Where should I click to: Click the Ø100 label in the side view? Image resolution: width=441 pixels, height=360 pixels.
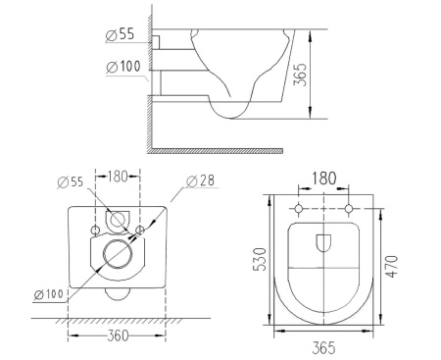(x=123, y=67)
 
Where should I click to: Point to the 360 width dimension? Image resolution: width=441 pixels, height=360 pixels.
(x=118, y=335)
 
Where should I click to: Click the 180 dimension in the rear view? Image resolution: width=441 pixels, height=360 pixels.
(x=118, y=178)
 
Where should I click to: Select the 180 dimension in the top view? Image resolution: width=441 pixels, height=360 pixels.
(x=323, y=179)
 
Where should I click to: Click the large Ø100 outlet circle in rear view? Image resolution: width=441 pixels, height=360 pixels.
(x=119, y=254)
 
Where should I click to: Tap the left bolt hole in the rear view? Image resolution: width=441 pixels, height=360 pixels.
(x=95, y=230)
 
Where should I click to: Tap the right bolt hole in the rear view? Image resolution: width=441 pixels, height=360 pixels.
(x=142, y=230)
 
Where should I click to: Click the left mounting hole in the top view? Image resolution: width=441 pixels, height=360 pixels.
(x=298, y=210)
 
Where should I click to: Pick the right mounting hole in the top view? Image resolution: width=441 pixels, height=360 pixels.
(x=350, y=210)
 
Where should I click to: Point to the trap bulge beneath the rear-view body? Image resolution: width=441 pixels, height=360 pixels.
(x=119, y=293)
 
